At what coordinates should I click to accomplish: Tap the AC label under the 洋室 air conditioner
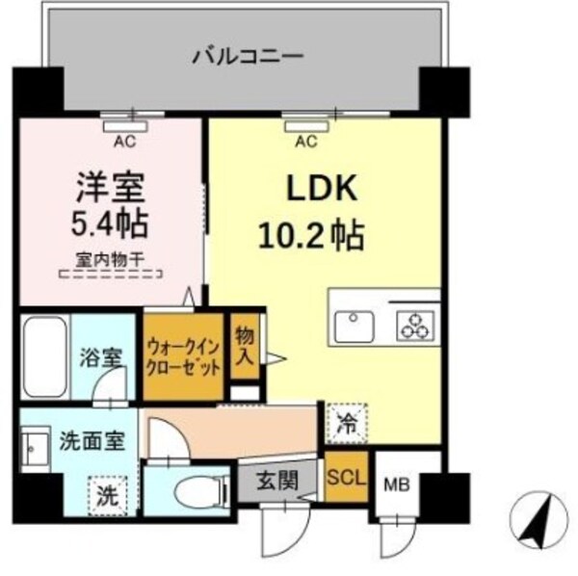pos(125,142)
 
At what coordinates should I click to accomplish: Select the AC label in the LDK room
pos(305,142)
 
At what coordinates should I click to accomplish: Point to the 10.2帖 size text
pos(310,234)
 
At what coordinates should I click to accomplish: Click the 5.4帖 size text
pos(109,224)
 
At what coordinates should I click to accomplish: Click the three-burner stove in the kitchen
pos(416,324)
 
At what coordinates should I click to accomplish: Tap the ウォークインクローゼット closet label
pos(183,357)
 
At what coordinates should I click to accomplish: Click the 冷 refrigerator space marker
pos(344,420)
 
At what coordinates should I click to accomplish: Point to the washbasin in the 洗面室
pos(38,450)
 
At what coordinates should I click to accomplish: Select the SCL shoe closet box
pos(345,476)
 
